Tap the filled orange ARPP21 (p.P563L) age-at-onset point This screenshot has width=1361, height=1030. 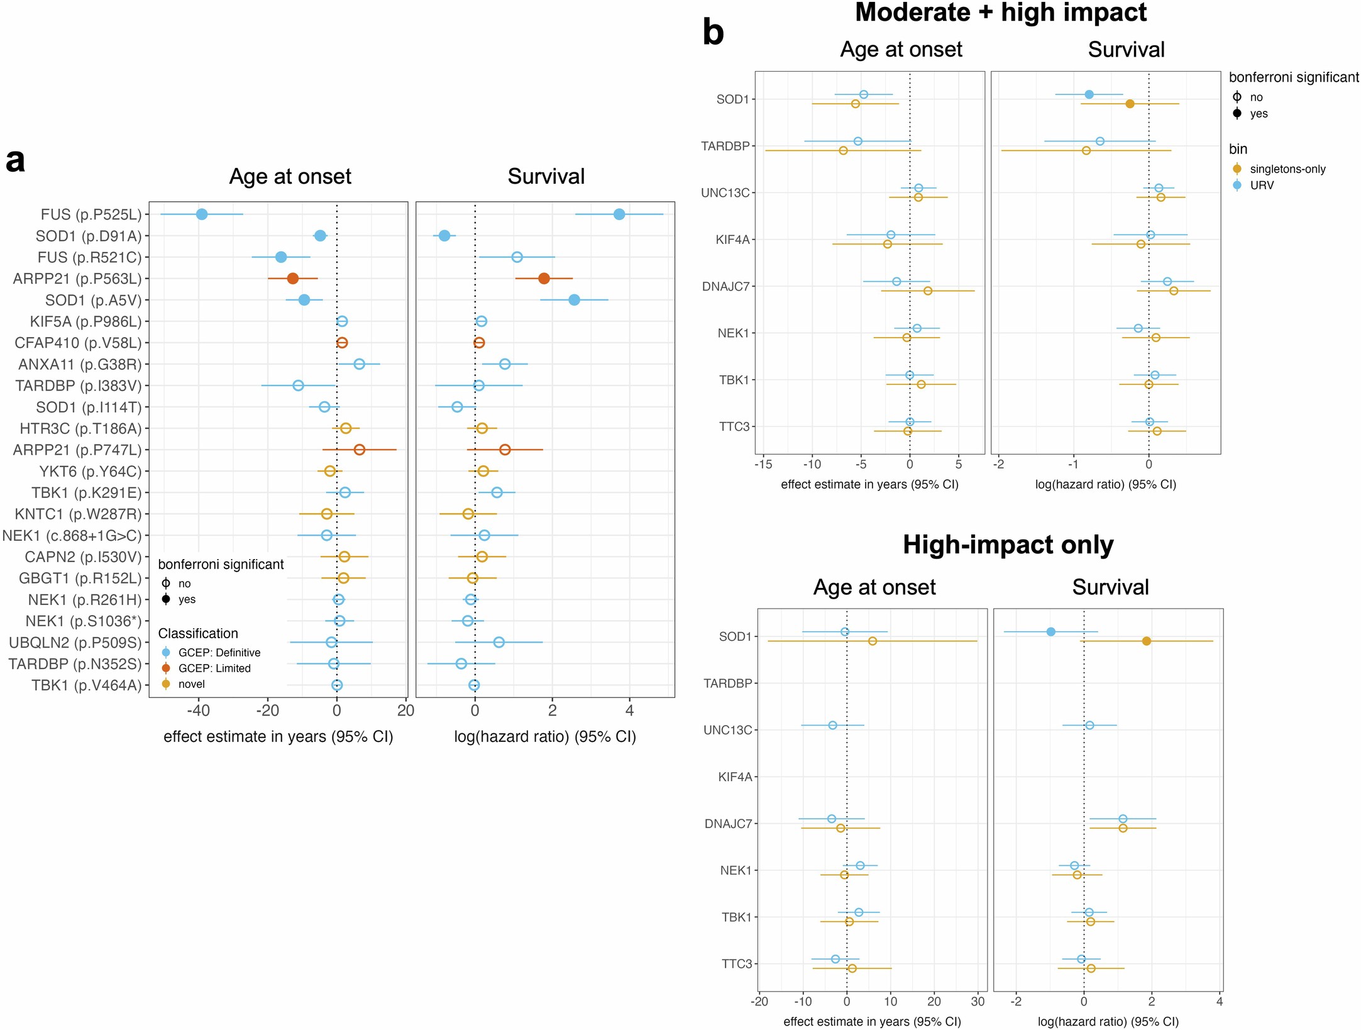(x=292, y=279)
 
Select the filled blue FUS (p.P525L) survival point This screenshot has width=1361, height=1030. (x=619, y=214)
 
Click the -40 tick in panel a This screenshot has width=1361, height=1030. (x=199, y=711)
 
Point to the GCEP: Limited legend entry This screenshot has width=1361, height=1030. (x=214, y=668)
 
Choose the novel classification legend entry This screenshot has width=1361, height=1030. (x=191, y=684)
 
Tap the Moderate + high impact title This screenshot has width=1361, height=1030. (x=1001, y=13)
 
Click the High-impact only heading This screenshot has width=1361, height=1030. (x=1008, y=545)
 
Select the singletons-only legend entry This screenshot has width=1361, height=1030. (x=1287, y=169)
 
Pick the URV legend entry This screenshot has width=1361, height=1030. (x=1262, y=186)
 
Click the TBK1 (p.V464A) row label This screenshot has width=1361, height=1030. (x=87, y=685)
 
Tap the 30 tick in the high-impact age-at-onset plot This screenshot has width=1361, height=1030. (x=978, y=1002)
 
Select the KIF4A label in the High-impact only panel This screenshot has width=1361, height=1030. (x=735, y=777)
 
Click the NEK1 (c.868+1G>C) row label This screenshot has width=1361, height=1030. (x=72, y=536)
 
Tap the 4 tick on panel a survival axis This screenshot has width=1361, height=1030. (x=630, y=711)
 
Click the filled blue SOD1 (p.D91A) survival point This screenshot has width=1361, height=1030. (x=444, y=236)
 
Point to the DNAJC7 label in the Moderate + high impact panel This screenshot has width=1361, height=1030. (x=726, y=287)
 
